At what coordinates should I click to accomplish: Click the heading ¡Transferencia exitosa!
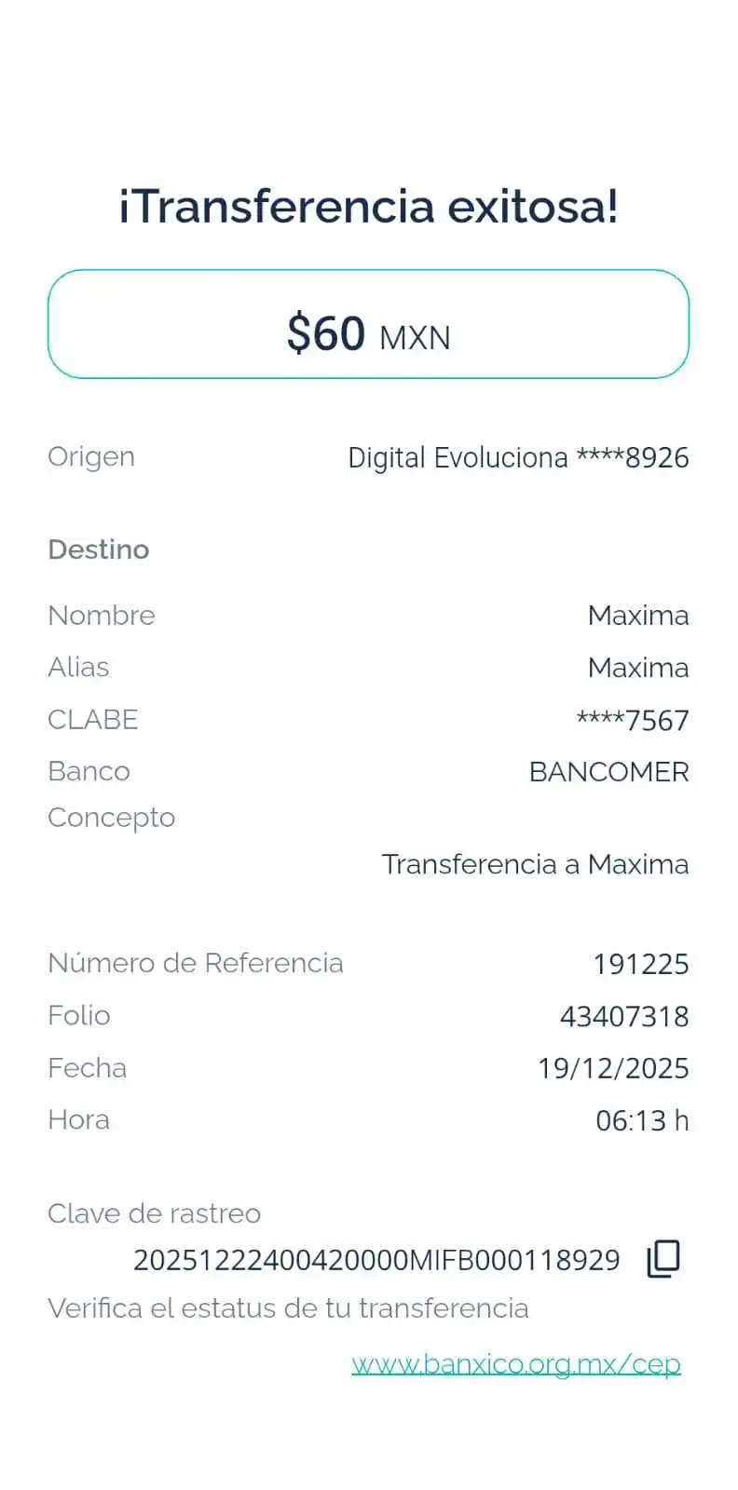368,206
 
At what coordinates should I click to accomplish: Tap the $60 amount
326,333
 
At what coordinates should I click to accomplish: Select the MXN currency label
415,337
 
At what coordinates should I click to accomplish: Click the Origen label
90,456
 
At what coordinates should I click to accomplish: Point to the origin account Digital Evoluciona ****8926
518,458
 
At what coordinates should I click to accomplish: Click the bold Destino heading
99,549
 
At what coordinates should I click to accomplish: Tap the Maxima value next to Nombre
638,616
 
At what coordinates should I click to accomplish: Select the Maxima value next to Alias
638,668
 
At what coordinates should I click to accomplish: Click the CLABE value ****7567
633,720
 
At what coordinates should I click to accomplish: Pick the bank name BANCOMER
608,772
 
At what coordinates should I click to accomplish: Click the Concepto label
111,818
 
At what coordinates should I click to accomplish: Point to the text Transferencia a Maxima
536,864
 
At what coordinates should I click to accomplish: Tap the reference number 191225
641,964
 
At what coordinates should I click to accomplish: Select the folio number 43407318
624,1016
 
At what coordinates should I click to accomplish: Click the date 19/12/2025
613,1068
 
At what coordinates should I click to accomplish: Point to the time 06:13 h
642,1120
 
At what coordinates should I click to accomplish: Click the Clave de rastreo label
154,1213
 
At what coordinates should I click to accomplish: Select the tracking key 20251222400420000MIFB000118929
376,1260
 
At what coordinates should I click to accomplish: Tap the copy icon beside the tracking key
663,1258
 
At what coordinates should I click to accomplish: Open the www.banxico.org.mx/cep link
516,1364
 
